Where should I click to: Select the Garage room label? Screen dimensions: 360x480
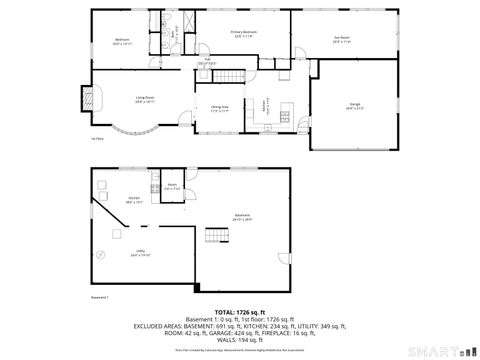tap(354, 106)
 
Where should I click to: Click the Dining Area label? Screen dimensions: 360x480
tap(220, 107)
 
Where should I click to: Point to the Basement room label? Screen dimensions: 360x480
tap(242, 216)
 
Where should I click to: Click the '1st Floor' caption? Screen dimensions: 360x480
tap(98, 139)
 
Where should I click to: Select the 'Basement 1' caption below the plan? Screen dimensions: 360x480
tap(99, 298)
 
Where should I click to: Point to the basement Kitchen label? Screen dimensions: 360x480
tap(133, 199)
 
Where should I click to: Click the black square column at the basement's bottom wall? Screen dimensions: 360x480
tap(197, 290)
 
